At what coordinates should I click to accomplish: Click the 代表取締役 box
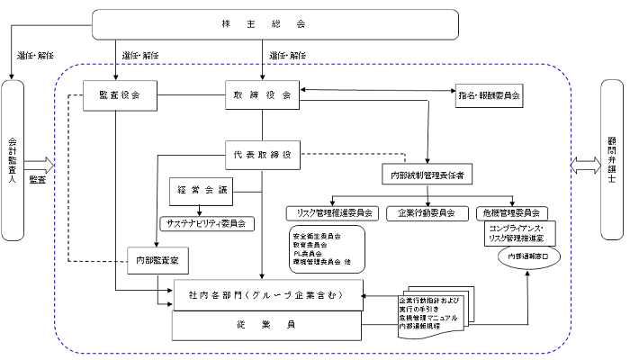(x=261, y=154)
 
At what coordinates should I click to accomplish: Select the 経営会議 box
(x=202, y=191)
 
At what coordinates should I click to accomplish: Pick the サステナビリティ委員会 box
(x=206, y=221)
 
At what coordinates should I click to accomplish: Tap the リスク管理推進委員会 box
(x=329, y=213)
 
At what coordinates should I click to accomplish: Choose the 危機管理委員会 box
(x=510, y=213)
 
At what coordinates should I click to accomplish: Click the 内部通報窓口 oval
(x=527, y=256)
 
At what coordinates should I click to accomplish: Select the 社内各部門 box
(x=268, y=294)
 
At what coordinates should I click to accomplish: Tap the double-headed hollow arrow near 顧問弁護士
(x=584, y=166)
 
